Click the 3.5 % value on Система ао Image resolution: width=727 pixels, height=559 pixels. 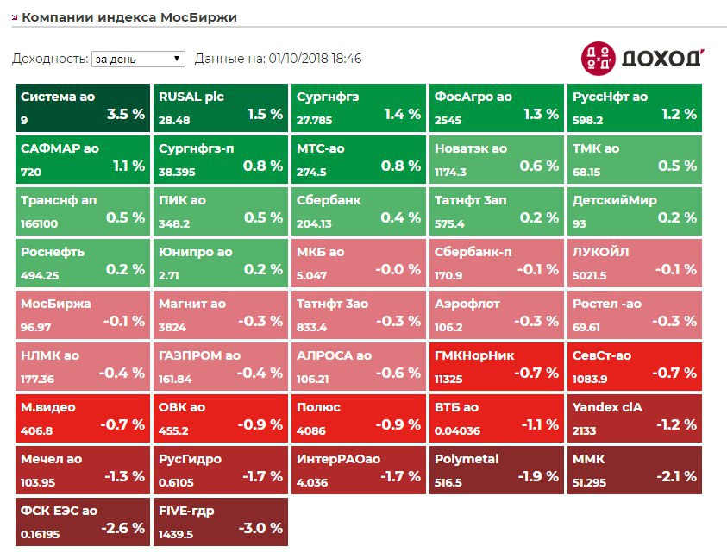[x=125, y=114]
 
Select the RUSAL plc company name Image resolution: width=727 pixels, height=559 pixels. [x=191, y=97]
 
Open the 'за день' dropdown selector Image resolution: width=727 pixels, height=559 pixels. [x=138, y=59]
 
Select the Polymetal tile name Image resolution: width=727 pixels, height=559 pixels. [x=467, y=459]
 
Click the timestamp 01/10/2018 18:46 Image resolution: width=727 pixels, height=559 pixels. [x=315, y=59]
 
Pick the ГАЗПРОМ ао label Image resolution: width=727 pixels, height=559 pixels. [x=199, y=355]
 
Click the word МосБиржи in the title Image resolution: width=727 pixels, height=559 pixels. [x=198, y=17]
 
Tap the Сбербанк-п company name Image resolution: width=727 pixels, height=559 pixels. [x=473, y=252]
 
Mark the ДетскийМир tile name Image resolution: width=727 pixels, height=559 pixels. [x=615, y=200]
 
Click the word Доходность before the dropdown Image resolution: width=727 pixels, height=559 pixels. [x=48, y=59]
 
